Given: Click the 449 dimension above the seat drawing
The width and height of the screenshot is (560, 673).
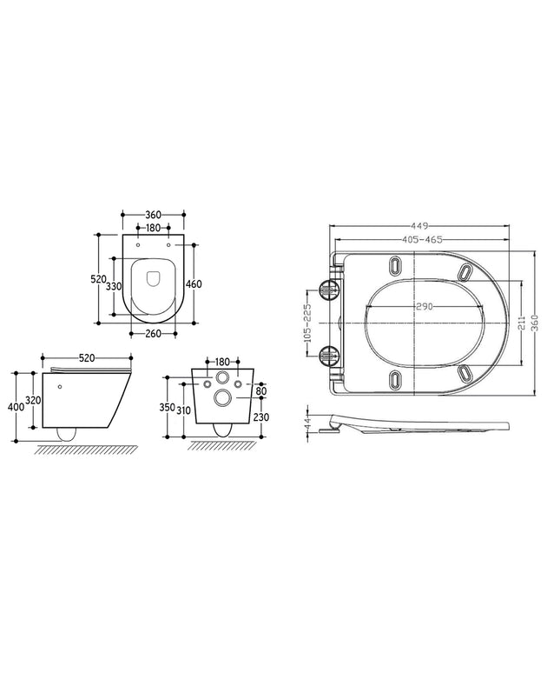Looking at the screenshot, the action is click(420, 225).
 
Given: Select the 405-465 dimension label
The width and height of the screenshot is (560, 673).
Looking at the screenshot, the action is click(422, 239).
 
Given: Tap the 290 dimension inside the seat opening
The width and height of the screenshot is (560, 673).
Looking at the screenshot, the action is click(425, 306).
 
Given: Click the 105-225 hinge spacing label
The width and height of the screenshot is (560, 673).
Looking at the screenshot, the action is click(306, 323).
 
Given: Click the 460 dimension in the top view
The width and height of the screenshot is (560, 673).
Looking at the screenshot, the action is click(194, 283).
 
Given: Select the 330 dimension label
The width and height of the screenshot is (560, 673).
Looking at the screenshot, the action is click(114, 286).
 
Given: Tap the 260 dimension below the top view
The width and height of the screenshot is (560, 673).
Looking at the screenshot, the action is click(153, 334).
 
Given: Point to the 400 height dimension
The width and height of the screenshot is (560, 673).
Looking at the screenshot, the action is click(16, 407).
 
